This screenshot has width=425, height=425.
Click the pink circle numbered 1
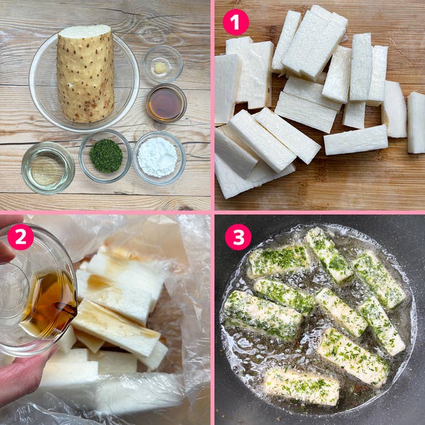pos(236,22)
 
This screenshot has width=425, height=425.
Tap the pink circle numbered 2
pos(21,237)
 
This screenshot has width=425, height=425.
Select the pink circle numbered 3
pos(238,237)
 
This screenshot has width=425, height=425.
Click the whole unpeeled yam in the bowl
pos(86,73)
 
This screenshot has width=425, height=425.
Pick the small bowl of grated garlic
pos(163,64)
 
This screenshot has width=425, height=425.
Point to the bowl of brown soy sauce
pos(166,103)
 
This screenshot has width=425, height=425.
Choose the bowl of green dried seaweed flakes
pos(106,156)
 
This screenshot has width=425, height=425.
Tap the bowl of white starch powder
pos(159,158)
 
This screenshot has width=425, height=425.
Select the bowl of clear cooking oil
pos(48,168)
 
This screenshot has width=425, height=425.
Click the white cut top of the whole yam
pos(84,32)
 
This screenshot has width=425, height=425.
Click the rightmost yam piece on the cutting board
pos(416,123)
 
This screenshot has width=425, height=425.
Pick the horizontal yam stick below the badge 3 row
pos(279,260)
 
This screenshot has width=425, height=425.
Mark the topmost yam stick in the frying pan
pos(329,255)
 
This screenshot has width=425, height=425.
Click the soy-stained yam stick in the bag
pos(116,327)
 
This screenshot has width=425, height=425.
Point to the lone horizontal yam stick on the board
pos(356,140)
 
